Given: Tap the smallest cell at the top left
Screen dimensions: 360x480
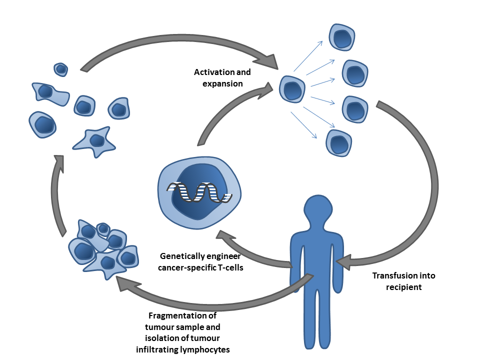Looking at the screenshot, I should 61,69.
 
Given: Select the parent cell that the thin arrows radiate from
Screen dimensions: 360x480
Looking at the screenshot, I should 292,90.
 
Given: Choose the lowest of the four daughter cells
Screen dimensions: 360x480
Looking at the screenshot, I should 338,142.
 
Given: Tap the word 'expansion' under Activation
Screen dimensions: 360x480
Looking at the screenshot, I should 222,83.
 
